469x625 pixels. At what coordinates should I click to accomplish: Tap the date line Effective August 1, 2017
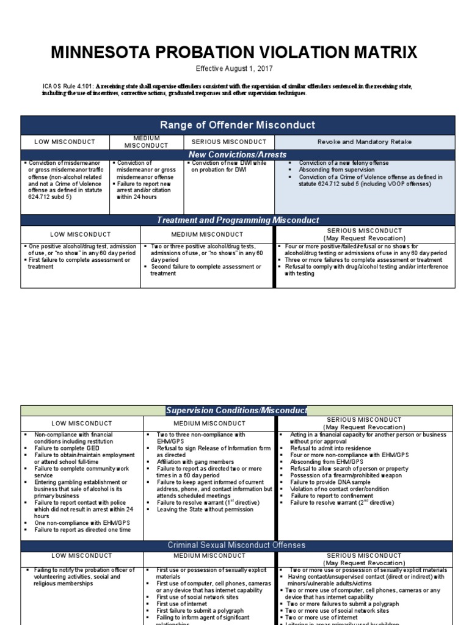click(x=234, y=70)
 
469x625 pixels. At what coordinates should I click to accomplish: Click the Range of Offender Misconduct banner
click(x=238, y=125)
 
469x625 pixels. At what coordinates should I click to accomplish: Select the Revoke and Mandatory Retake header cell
click(x=365, y=142)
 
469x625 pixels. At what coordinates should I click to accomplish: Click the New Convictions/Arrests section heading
click(x=238, y=154)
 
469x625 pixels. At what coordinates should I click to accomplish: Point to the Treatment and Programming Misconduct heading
click(x=238, y=220)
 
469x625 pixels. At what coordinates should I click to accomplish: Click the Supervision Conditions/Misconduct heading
click(x=237, y=411)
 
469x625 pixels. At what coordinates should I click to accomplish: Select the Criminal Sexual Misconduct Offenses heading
click(x=237, y=544)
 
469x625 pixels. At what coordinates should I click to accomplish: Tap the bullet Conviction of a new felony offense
click(x=343, y=164)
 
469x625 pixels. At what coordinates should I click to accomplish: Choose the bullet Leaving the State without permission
click(x=203, y=510)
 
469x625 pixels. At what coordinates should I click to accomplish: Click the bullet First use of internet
click(x=181, y=604)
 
